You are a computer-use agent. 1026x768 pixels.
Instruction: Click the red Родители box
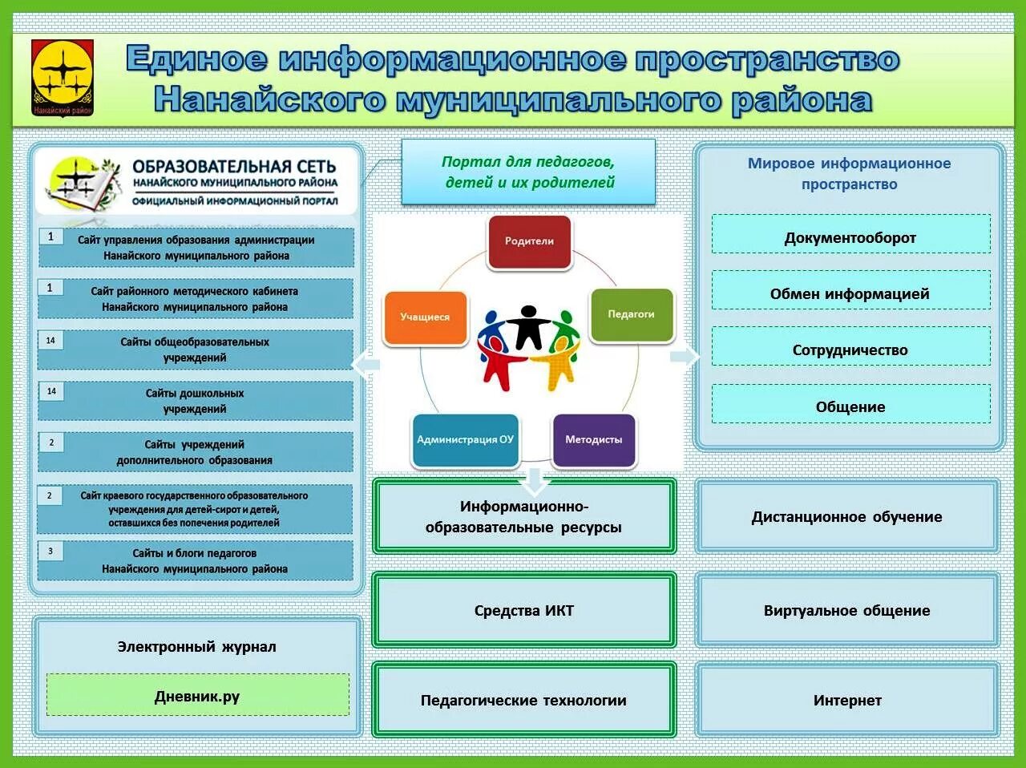(x=529, y=241)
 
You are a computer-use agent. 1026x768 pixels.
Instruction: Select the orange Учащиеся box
(x=426, y=317)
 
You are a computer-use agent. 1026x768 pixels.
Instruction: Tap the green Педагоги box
(x=632, y=314)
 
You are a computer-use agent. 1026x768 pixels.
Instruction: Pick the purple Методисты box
(x=593, y=439)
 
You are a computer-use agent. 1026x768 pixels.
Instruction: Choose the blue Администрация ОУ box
(x=465, y=439)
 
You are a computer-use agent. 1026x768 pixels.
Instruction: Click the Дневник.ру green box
(x=197, y=695)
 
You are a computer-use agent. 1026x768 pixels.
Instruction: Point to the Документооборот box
(x=850, y=237)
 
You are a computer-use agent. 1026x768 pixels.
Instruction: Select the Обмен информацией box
(x=850, y=293)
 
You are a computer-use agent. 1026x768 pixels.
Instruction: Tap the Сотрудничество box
(x=850, y=350)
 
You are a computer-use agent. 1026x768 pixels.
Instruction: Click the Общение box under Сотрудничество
(x=850, y=406)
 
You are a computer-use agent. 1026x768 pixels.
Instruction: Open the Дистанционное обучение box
(x=847, y=517)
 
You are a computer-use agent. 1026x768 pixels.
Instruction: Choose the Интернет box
(x=847, y=700)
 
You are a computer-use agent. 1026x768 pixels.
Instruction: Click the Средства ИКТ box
(x=524, y=610)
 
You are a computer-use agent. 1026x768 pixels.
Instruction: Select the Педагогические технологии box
(x=524, y=700)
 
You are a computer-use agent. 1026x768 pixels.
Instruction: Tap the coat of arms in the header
(x=63, y=78)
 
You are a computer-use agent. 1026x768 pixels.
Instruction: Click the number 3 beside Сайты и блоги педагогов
(x=50, y=552)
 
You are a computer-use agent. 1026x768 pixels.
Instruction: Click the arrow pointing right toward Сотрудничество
(x=684, y=356)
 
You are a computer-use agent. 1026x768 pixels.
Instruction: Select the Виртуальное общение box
(x=847, y=610)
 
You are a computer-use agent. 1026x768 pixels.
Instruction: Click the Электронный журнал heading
(x=197, y=646)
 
